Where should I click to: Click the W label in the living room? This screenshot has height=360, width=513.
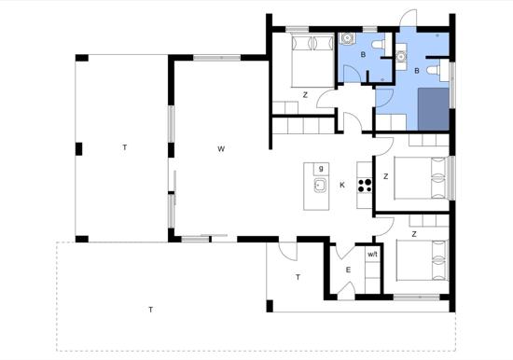tap(221, 149)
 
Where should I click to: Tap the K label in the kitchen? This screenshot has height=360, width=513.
tap(342, 186)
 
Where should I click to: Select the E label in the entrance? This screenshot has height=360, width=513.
tap(348, 270)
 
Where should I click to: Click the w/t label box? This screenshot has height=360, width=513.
tap(373, 254)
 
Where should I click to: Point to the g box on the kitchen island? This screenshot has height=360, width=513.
tap(321, 169)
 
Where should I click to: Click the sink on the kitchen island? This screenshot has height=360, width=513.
tap(320, 186)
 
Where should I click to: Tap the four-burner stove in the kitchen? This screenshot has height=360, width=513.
tap(365, 186)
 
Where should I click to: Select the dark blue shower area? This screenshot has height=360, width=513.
tap(433, 109)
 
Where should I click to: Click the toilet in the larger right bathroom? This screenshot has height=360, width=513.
tap(435, 70)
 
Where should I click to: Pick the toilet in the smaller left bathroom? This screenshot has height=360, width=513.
tap(380, 44)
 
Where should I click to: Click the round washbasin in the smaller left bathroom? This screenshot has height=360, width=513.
tap(346, 38)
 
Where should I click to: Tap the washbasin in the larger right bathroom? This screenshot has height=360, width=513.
tap(401, 57)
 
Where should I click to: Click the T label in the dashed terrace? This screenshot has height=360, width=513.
tap(150, 310)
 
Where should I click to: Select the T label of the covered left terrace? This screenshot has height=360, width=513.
tap(125, 147)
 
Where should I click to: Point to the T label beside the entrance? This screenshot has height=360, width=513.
tap(298, 278)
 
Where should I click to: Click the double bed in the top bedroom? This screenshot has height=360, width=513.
tap(312, 62)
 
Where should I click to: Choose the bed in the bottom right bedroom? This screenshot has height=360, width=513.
tap(422, 260)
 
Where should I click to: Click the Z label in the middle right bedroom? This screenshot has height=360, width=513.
tap(386, 176)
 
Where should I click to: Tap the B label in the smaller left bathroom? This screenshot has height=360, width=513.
tap(363, 55)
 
